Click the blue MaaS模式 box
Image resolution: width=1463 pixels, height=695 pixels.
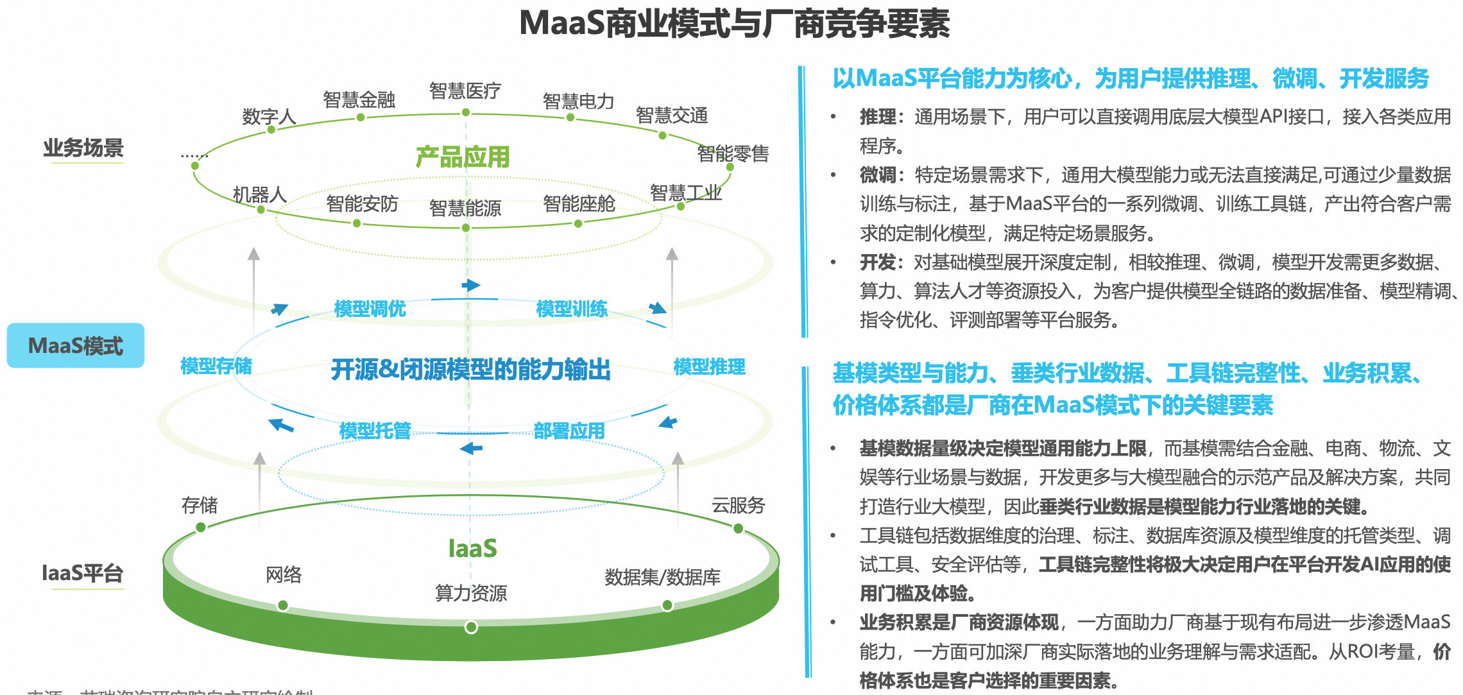coord(76,345)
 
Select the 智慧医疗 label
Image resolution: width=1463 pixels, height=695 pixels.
coord(465,91)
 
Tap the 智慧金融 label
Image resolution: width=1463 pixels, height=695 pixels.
coord(359,100)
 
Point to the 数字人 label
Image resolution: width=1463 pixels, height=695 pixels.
coord(269,117)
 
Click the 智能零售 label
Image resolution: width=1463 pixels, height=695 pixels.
coord(733,154)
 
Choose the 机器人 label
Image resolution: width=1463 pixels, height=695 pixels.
coord(259,194)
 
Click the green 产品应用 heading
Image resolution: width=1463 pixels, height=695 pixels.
coord(463,157)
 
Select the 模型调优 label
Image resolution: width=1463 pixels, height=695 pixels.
coord(370,309)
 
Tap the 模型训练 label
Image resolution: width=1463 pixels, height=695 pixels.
coord(572,309)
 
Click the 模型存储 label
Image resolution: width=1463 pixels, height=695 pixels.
coord(216,366)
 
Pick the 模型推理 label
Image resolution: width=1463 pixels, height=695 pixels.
coord(709,367)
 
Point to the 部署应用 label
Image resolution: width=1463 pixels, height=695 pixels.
coord(569,431)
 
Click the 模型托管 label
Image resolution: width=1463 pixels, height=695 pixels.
coord(375,431)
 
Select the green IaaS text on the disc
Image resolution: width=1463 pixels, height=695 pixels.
coord(472,549)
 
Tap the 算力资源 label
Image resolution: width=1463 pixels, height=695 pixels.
coord(471,593)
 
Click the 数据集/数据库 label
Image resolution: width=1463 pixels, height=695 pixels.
coord(662,577)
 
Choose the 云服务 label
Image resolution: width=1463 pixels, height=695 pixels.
coord(738,506)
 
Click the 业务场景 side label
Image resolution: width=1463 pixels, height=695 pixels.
coord(83,148)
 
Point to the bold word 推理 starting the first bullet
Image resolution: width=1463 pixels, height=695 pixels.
coord(878,117)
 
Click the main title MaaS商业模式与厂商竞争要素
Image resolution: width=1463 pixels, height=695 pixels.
coord(734,24)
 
